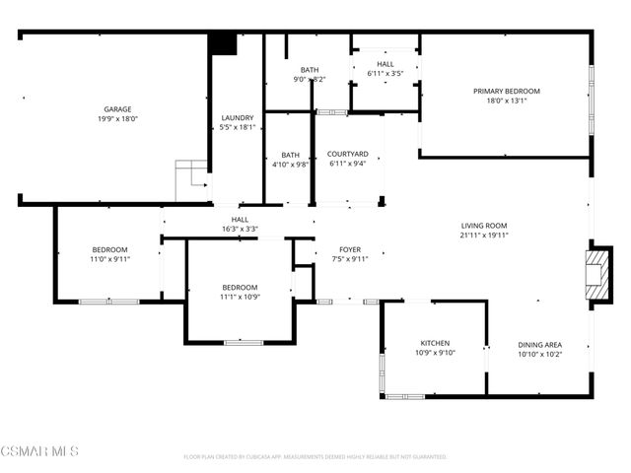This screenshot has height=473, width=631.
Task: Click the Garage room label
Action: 118,109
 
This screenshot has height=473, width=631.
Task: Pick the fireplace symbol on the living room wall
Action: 597,271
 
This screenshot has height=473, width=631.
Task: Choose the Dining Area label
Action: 539,345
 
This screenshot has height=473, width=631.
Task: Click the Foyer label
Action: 349,249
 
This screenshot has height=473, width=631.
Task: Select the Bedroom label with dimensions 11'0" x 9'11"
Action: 110,249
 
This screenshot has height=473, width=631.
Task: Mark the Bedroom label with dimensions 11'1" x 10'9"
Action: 239,287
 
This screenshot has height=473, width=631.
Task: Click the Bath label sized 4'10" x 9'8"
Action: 290,155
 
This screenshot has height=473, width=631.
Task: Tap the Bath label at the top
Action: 310,70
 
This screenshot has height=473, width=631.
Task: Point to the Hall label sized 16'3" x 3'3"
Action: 240,219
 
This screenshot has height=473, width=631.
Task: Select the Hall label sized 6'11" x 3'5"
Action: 386,64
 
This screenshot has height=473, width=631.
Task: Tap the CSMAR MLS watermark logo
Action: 40,451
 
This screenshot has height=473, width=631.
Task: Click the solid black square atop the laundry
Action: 224,44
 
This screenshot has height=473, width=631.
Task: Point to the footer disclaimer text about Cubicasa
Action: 315,457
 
